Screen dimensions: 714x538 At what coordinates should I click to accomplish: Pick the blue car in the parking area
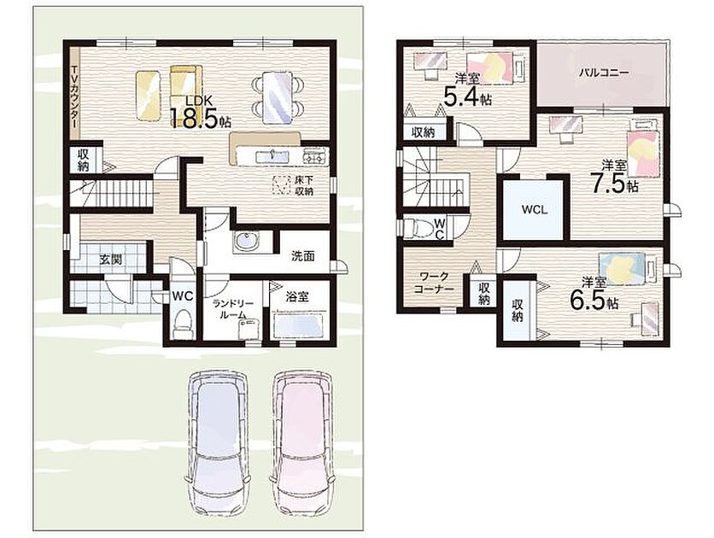(217, 442)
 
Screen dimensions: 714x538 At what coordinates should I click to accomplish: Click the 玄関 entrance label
(111, 260)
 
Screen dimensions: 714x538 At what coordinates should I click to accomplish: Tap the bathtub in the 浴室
(299, 325)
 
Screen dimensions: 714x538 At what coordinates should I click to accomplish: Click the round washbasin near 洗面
(246, 242)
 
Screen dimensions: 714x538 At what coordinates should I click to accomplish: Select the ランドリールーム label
(232, 309)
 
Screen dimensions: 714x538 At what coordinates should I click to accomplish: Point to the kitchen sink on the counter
(272, 157)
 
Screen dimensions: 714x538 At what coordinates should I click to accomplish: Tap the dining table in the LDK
(278, 98)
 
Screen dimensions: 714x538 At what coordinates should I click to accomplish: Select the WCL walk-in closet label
(535, 210)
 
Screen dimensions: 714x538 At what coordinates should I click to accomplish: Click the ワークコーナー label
(434, 283)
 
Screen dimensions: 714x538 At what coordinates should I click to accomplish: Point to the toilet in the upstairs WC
(418, 227)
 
